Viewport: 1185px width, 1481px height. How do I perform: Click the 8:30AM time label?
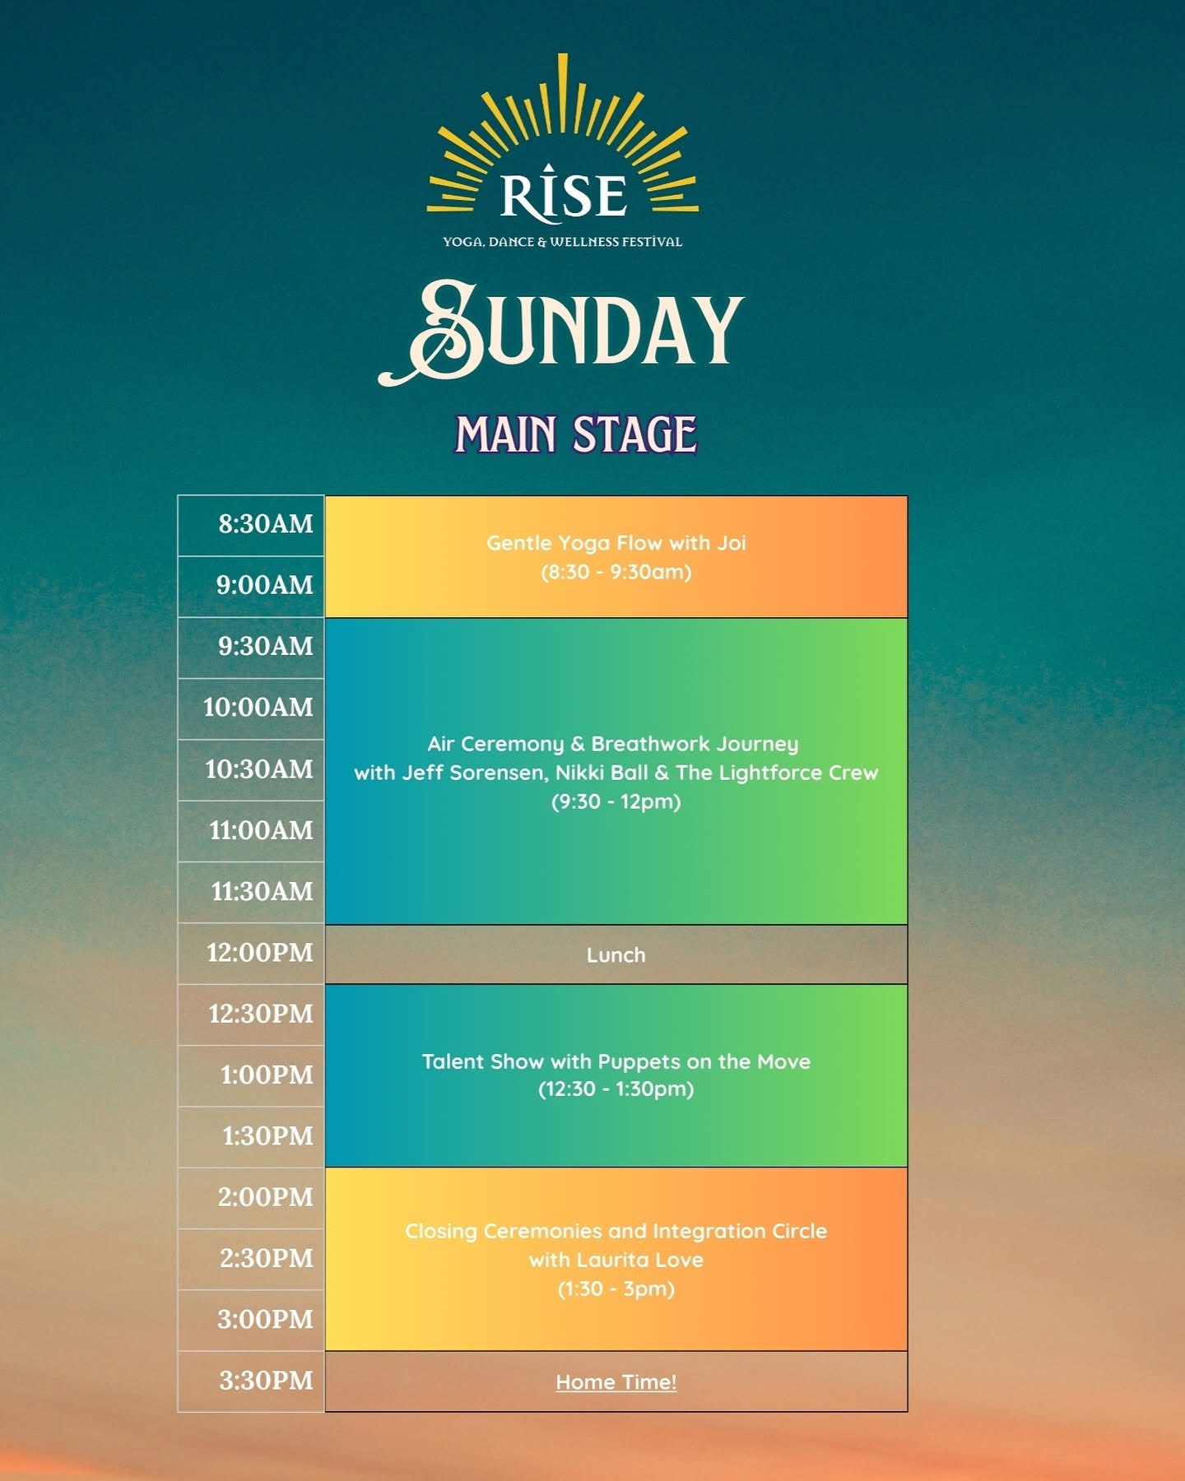[x=266, y=524]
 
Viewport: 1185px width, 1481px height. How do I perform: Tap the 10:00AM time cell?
[x=251, y=708]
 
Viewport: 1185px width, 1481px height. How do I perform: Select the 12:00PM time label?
[x=260, y=953]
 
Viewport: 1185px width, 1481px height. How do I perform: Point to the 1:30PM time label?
[x=267, y=1136]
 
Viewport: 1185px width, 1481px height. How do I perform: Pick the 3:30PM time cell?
[x=251, y=1381]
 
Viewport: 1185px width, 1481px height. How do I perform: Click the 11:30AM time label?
[x=263, y=892]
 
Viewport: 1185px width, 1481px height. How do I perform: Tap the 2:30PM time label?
[x=267, y=1259]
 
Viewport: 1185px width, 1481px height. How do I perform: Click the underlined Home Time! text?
[x=616, y=1382]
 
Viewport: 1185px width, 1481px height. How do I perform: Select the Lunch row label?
[x=616, y=955]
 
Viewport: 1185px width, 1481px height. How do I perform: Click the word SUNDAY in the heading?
[x=561, y=332]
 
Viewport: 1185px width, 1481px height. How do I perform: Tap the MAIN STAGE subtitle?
[x=576, y=434]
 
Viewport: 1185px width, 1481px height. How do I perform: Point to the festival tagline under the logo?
[x=563, y=242]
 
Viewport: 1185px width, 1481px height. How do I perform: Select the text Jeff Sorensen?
[x=473, y=773]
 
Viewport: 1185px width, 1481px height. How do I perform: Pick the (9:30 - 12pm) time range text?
[x=616, y=802]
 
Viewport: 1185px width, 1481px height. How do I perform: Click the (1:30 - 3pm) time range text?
[x=616, y=1289]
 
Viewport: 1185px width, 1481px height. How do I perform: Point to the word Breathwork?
[x=643, y=745]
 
